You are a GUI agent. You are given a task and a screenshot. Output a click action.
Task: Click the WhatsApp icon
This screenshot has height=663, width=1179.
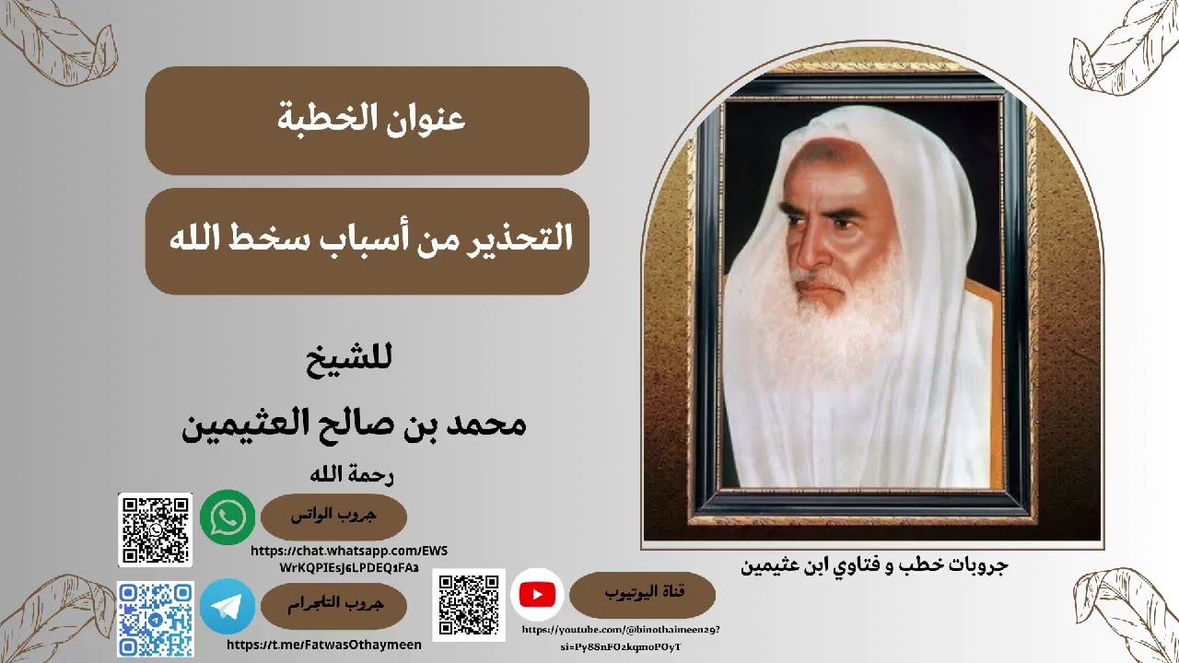point(228,517)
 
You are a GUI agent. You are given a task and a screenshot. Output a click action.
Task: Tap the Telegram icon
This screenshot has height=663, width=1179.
point(228,606)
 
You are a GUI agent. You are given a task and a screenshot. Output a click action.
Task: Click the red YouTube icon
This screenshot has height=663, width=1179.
point(537,595)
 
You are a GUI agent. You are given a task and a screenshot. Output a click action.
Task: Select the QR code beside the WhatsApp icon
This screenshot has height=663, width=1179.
point(156,529)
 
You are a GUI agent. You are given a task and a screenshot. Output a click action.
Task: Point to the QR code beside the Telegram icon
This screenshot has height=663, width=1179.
point(156,619)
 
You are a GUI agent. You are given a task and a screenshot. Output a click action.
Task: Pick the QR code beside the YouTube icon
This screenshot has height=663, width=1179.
point(469,605)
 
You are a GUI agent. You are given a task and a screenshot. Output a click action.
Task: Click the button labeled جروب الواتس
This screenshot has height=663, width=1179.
point(333,517)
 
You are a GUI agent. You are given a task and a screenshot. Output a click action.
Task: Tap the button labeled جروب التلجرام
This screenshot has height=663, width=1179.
point(333,605)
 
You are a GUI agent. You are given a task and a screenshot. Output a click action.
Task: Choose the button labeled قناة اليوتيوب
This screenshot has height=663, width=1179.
point(642,594)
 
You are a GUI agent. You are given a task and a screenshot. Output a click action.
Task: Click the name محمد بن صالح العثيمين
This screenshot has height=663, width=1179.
point(355,424)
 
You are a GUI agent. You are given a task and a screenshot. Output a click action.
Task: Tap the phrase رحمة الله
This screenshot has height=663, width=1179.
point(352,475)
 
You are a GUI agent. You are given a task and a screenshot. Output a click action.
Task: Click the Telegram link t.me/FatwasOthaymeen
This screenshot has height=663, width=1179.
point(324,646)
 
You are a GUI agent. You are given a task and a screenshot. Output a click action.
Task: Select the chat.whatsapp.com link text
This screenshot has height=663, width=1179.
point(349,559)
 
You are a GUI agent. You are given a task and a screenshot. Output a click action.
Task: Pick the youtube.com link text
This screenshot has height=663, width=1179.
point(621,637)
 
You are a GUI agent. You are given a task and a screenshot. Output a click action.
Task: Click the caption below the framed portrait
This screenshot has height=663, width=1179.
point(874,564)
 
